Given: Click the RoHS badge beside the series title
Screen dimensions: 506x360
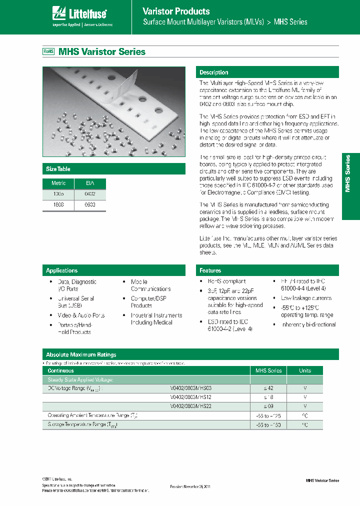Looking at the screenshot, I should point(48,51).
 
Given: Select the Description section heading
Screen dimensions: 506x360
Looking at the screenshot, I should point(214,72).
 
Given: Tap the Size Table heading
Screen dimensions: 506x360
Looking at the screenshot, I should point(58,169).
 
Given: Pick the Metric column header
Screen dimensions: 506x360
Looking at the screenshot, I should point(58,183).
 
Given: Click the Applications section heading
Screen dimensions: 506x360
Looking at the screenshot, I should point(62,270).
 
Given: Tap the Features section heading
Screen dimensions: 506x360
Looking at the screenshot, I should point(210,270).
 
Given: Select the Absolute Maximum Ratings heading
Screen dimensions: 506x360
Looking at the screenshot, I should point(81,354).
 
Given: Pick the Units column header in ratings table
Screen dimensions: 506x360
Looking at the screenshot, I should point(305,370).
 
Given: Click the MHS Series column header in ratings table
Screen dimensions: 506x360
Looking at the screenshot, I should point(268,370).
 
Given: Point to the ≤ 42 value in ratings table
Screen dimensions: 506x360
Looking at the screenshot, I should point(268,388).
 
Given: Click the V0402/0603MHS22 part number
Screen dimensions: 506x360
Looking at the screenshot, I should point(191,406).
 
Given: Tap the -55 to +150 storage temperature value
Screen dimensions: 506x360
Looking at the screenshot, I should point(268,424).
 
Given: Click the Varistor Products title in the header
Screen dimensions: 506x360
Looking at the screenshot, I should point(176,11).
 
